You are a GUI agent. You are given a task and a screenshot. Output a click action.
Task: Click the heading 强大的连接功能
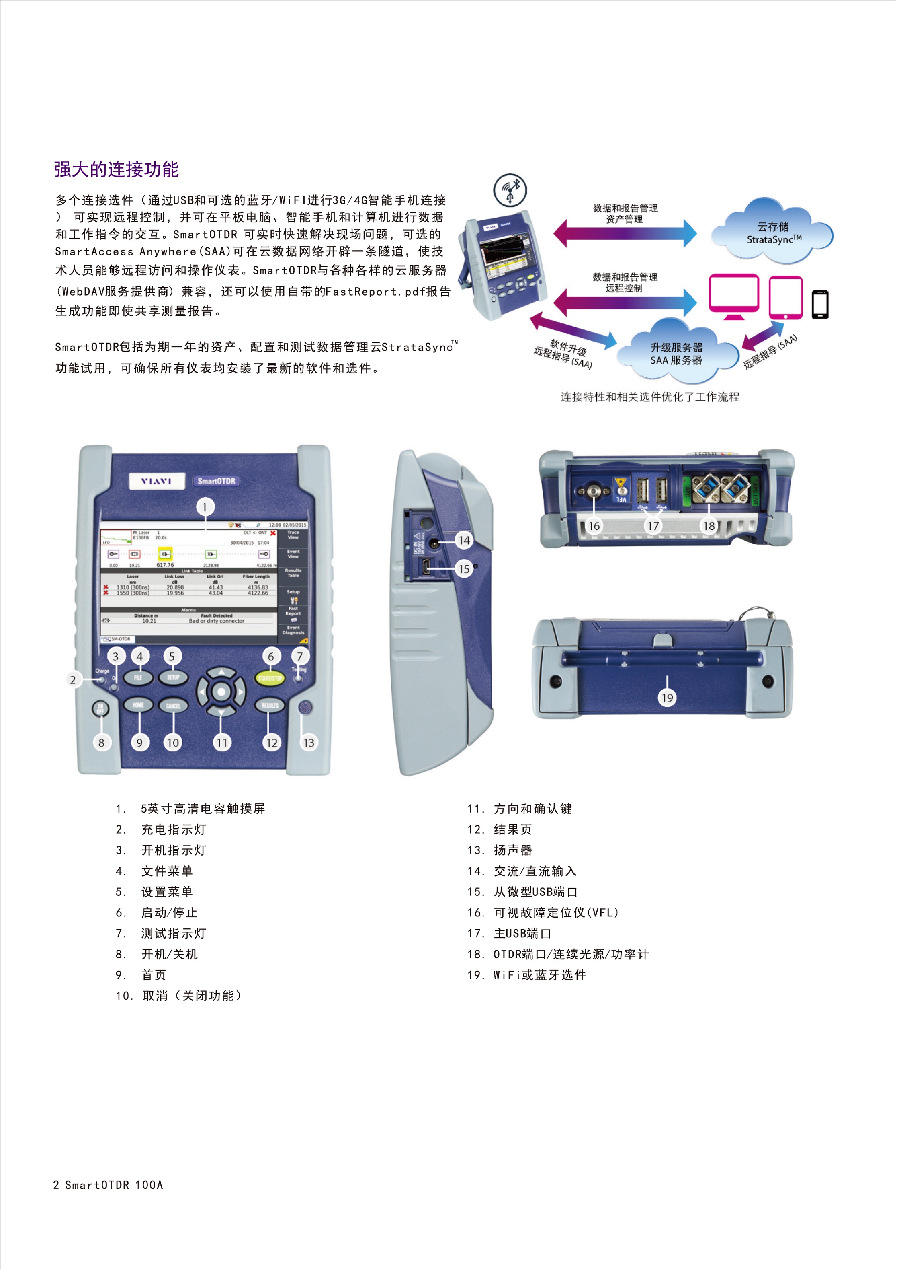(116, 169)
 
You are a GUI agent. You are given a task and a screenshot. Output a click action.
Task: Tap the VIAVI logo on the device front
(156, 481)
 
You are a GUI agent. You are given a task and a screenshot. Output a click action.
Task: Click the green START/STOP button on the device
(270, 678)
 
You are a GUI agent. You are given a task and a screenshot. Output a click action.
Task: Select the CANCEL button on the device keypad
(173, 705)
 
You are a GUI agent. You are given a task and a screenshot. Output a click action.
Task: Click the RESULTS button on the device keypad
(269, 705)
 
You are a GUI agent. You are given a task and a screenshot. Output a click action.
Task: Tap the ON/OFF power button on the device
(100, 708)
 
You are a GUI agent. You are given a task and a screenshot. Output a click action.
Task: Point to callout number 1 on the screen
(205, 507)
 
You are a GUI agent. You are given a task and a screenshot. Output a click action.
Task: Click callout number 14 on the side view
(464, 540)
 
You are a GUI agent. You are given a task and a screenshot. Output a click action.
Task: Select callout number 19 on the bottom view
(667, 698)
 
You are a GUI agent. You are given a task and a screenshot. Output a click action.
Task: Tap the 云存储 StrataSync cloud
(773, 233)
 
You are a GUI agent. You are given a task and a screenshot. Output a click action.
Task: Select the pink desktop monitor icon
(733, 296)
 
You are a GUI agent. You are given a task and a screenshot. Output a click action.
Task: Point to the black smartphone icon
(819, 304)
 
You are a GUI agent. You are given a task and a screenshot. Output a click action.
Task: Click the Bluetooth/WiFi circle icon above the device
(510, 190)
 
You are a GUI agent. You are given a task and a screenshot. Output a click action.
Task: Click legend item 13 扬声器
(499, 850)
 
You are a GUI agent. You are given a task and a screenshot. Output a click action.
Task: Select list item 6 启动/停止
(156, 913)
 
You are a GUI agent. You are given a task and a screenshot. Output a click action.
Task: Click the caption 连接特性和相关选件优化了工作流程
(649, 397)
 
